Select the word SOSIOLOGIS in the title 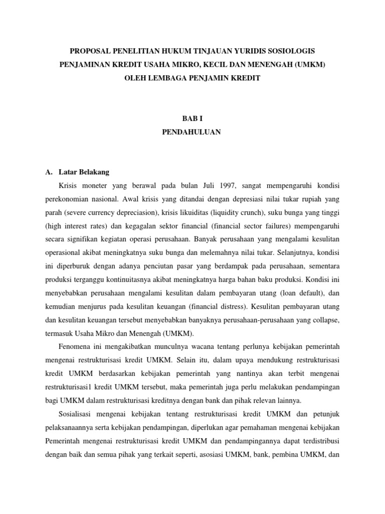click(x=290, y=51)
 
